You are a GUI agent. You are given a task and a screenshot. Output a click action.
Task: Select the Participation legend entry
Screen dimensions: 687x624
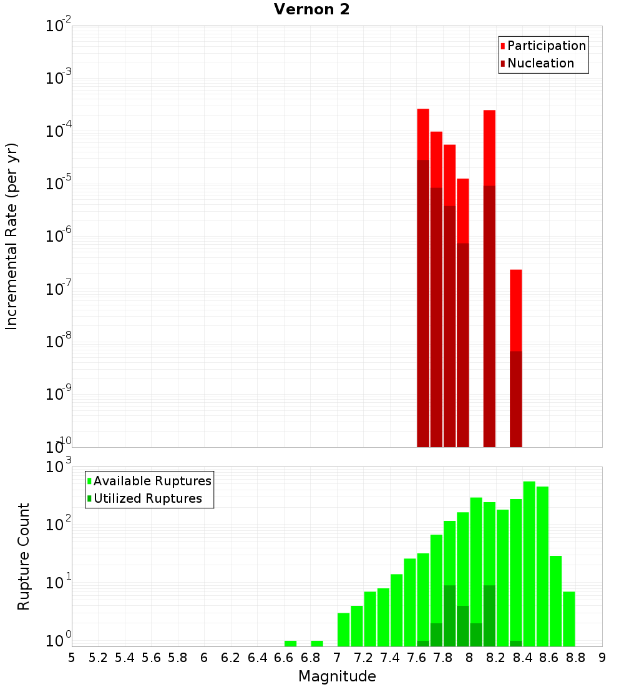pos(546,46)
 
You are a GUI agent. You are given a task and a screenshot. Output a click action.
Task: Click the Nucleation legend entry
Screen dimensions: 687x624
pos(540,63)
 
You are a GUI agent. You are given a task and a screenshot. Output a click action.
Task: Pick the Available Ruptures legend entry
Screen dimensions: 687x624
pos(152,481)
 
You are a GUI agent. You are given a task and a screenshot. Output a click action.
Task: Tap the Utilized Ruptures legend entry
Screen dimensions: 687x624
pos(147,498)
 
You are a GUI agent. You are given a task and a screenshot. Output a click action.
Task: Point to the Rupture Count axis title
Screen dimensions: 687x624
pos(24,556)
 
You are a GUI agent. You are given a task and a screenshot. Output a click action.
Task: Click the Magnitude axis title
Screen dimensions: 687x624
pos(337,676)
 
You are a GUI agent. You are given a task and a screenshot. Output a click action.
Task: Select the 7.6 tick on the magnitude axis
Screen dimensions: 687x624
pos(416,657)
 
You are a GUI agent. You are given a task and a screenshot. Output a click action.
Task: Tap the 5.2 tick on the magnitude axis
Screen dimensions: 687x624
pos(98,657)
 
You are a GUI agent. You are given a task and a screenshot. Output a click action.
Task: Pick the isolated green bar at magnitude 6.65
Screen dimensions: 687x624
pos(290,643)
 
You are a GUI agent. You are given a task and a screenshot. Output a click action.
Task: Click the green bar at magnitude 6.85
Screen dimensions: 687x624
pos(317,643)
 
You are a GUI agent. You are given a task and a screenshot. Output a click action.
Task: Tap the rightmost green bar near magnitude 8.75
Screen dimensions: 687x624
pos(568,618)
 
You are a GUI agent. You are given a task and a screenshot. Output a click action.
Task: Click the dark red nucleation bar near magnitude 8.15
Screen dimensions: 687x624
pos(489,315)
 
